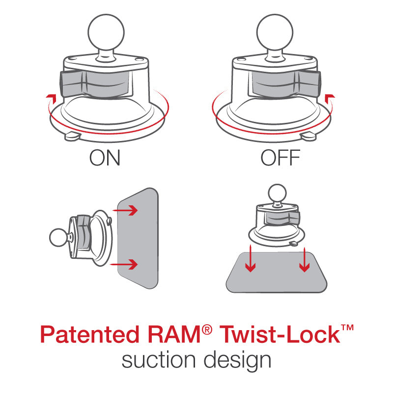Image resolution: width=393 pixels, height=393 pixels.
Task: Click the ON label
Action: tap(105, 158)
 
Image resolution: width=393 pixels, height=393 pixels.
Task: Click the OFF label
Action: tap(280, 158)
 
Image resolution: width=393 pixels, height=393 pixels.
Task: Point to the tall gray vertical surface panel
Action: tap(138, 238)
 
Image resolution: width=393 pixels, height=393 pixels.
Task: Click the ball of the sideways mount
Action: tap(58, 238)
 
